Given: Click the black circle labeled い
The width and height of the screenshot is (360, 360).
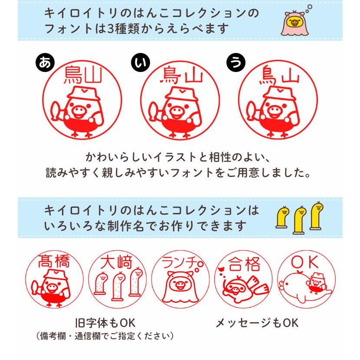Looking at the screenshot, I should click(x=140, y=63).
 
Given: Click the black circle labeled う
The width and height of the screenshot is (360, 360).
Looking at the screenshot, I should click(x=236, y=63).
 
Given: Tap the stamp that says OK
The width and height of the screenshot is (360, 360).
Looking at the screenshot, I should click(x=307, y=280).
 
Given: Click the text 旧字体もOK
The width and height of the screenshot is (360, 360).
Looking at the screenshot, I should click(x=105, y=323).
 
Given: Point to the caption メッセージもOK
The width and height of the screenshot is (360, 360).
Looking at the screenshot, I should click(x=257, y=323).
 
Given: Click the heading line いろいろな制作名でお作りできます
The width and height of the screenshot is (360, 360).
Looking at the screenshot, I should click(x=145, y=226).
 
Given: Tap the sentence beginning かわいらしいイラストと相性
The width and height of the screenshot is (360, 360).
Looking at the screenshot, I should click(x=180, y=156).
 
